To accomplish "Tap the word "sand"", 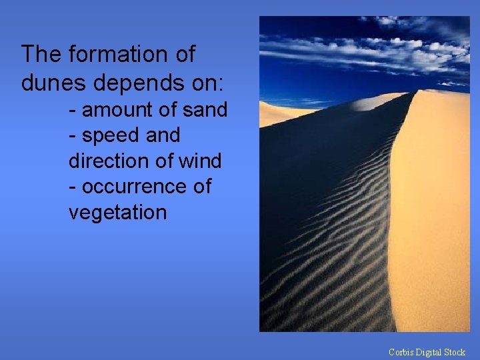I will [205, 109].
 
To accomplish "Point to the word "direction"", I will [107, 161].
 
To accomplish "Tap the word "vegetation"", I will [117, 213].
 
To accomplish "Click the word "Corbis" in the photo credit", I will [402, 352].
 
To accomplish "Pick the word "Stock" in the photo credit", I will [455, 352].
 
